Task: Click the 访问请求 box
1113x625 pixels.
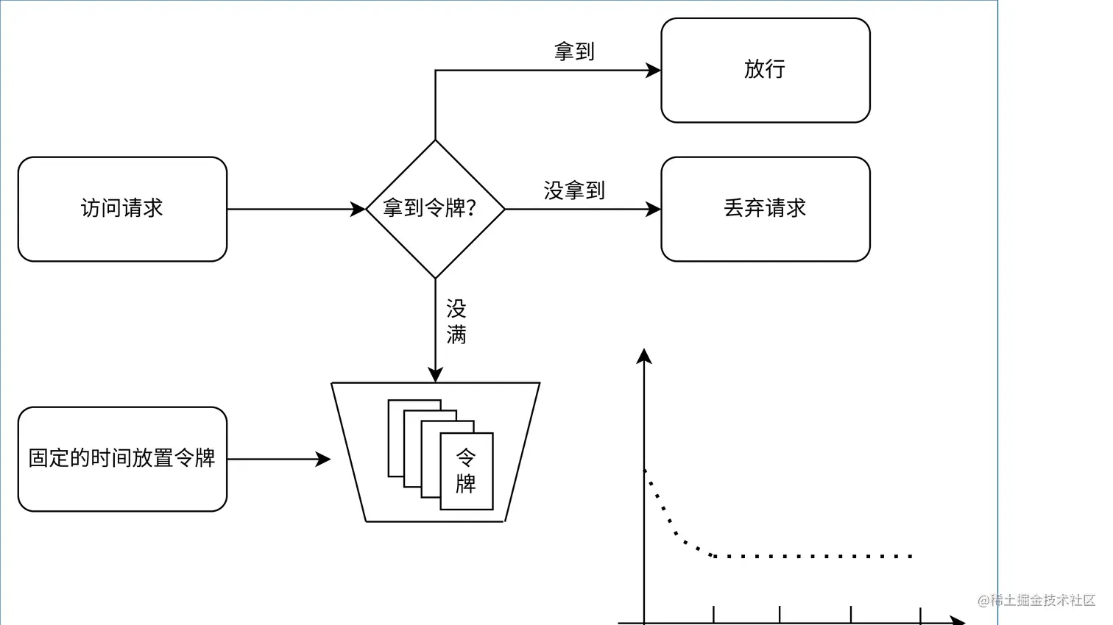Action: click(x=122, y=209)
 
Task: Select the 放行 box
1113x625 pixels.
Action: click(x=765, y=70)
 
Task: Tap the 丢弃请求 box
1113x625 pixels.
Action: click(x=765, y=209)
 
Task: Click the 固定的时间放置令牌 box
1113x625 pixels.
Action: click(x=122, y=459)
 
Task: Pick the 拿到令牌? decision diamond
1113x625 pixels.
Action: click(x=435, y=209)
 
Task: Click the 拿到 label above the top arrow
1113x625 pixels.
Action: click(x=574, y=51)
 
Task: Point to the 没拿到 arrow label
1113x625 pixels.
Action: click(x=574, y=190)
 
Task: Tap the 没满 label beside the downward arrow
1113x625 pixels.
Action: click(x=456, y=322)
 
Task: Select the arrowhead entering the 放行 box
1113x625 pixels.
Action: click(x=654, y=71)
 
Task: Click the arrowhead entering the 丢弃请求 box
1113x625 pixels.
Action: click(x=654, y=209)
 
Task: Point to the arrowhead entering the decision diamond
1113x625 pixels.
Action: click(x=358, y=209)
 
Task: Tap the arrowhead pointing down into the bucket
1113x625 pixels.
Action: click(x=435, y=375)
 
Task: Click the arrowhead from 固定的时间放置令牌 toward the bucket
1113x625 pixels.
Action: click(x=324, y=459)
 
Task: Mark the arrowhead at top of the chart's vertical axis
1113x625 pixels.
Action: click(x=644, y=356)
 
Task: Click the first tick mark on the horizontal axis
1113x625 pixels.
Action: click(x=713, y=614)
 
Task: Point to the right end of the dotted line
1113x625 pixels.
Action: click(x=911, y=556)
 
